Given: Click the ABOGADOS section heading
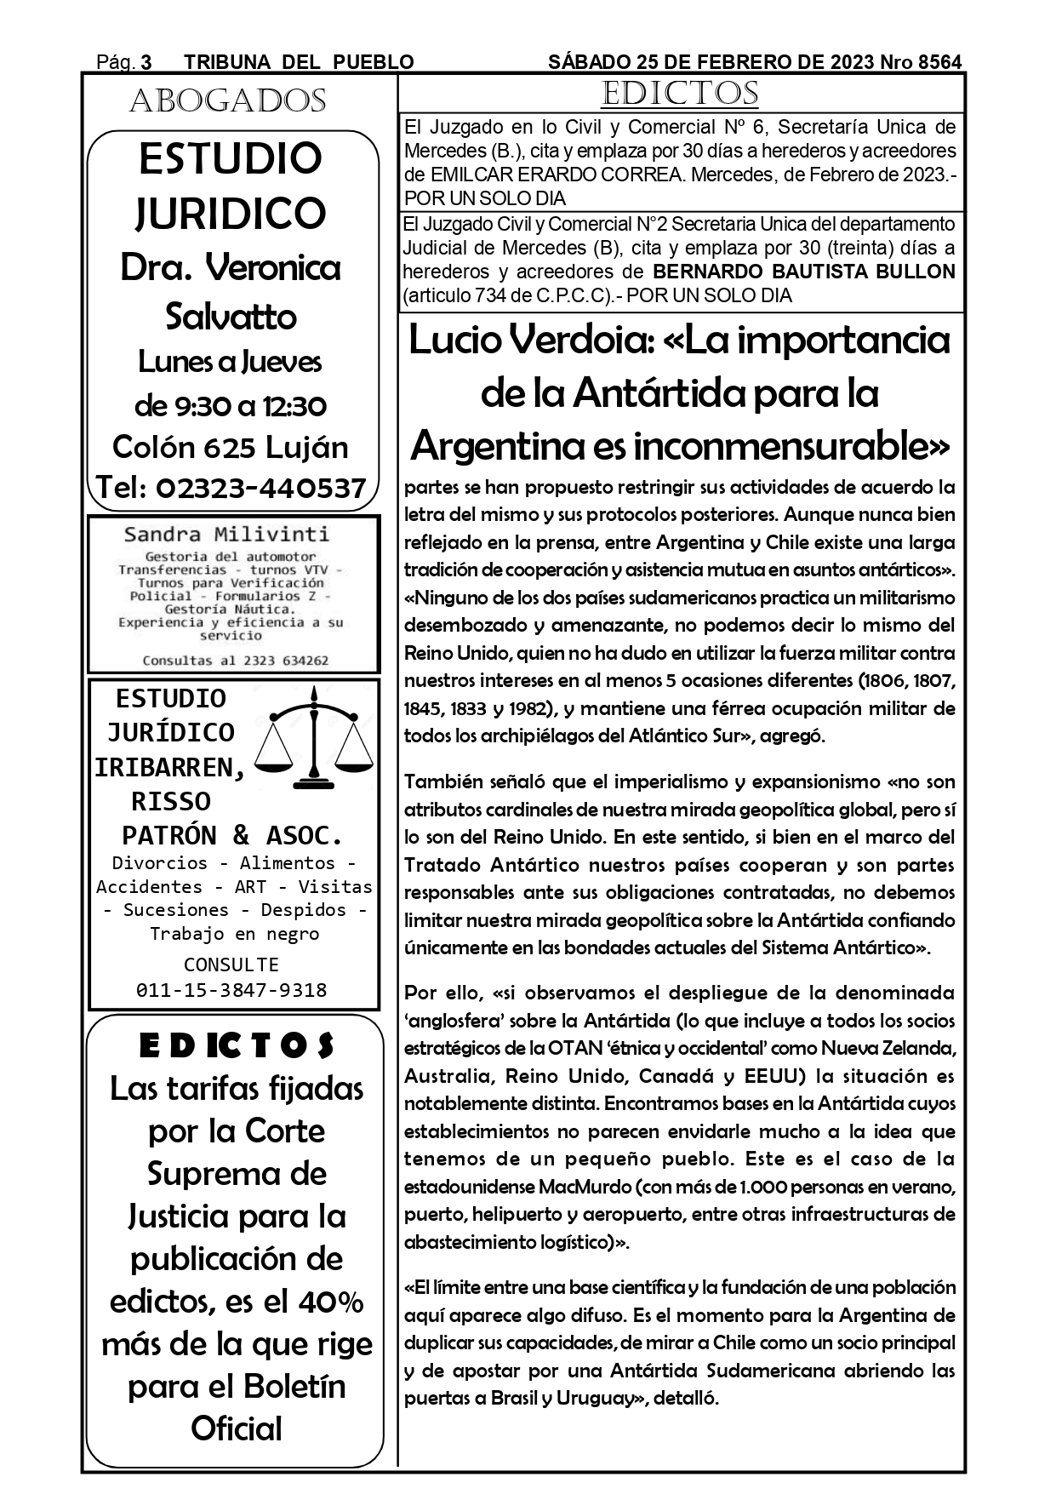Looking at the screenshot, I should (x=227, y=101).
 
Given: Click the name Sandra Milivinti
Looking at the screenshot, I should (x=226, y=535).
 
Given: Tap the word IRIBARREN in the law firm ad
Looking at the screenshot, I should (x=169, y=767).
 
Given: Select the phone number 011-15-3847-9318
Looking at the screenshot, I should (x=231, y=990).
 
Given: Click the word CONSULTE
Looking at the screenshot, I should (x=231, y=965).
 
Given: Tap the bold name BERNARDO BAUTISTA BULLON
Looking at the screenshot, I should (x=803, y=272).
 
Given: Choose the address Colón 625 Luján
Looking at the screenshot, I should (x=231, y=447).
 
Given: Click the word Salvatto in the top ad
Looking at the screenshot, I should (x=231, y=317).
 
